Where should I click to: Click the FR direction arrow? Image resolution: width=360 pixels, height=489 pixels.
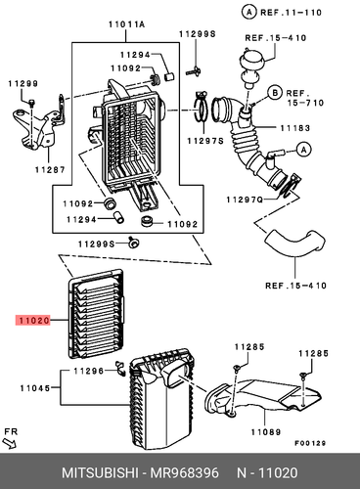pos(13,445)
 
